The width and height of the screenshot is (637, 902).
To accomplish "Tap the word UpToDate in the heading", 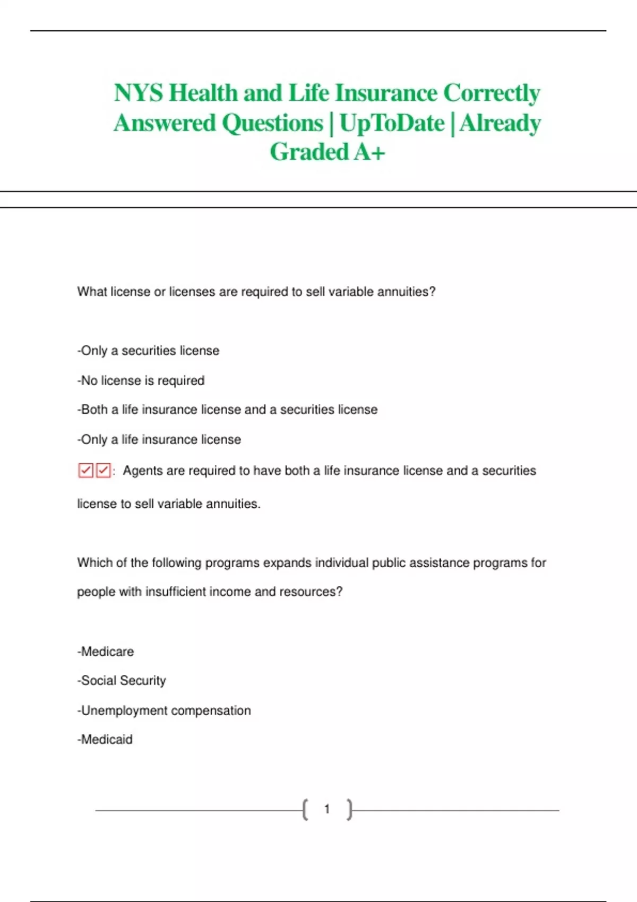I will coord(392,124).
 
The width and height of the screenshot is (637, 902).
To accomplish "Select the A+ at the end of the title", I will coord(369,152).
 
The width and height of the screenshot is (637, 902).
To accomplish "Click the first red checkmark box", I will coord(85,471).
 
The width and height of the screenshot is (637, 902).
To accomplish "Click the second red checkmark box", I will coord(104,471).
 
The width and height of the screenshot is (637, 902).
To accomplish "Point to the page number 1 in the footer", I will coord(327,809).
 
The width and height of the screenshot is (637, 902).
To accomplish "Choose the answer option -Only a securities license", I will coord(148,351).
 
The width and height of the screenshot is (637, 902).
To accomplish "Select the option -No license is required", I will coord(141,380).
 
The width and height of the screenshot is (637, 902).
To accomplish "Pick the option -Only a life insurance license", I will coord(159,439).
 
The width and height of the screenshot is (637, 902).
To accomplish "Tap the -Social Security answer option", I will coord(122,681).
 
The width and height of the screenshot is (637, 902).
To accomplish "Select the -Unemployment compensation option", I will coord(164,710).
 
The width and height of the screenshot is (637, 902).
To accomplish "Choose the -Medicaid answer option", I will coord(105,740).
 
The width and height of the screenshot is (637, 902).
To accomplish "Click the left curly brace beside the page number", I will coord(305,810).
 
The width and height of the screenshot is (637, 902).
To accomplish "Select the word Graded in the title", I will coord(309,152).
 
